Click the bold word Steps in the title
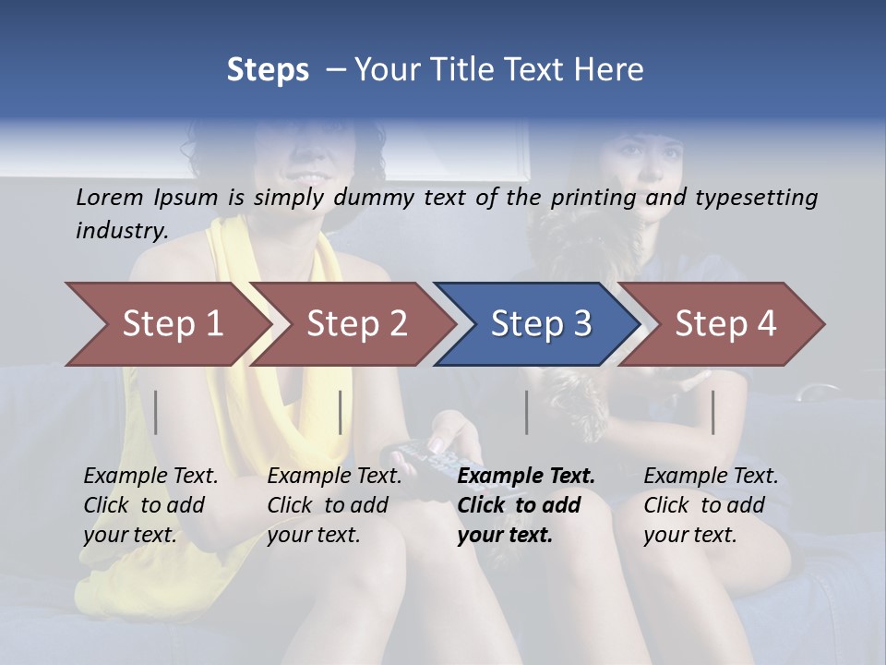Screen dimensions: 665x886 pyautogui.click(x=268, y=70)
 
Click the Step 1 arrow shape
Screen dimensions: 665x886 pyautogui.click(x=166, y=323)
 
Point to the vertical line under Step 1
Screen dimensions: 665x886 pyautogui.click(x=156, y=412)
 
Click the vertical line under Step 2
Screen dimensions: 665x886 pyautogui.click(x=341, y=412)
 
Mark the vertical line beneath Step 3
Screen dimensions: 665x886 pyautogui.click(x=527, y=412)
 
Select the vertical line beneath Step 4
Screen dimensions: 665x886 pyautogui.click(x=713, y=412)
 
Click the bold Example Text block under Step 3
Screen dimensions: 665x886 pyautogui.click(x=526, y=505)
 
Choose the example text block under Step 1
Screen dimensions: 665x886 pyautogui.click(x=150, y=505)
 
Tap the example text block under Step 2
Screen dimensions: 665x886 pyautogui.click(x=334, y=505)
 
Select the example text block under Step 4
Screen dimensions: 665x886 pyautogui.click(x=711, y=505)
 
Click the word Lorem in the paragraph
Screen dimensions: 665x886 pyautogui.click(x=110, y=197)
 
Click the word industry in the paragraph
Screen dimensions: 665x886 pyautogui.click(x=121, y=231)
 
